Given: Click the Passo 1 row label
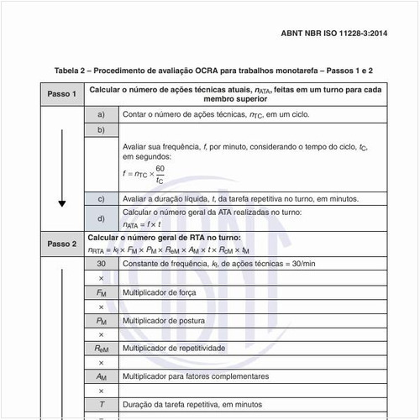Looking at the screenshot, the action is (61, 94).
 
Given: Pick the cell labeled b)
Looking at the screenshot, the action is (101, 130).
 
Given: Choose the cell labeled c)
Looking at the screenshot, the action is (101, 199).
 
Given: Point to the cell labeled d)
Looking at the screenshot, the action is (101, 218).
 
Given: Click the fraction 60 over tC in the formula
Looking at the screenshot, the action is (160, 174).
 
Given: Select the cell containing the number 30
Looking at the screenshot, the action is (101, 264).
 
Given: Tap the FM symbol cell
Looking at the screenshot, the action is (101, 292).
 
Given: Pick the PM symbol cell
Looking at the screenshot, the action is (101, 321).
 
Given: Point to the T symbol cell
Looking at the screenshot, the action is (101, 405).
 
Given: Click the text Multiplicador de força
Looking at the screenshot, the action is (160, 292).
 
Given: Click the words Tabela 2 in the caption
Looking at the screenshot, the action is (73, 71).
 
